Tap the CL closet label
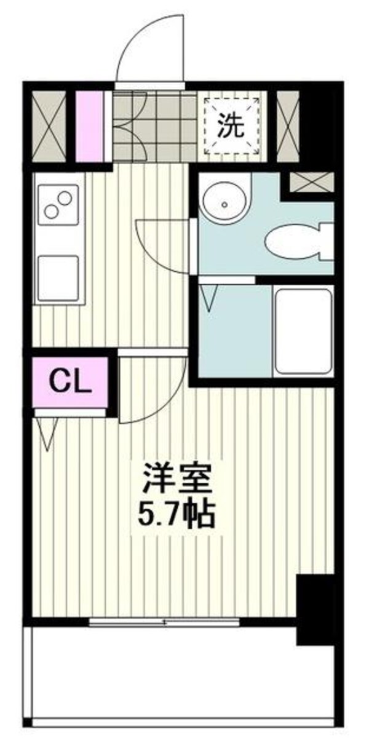click(70, 382)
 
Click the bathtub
click(303, 331)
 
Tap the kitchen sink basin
click(58, 278)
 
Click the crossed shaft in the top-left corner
click(49, 127)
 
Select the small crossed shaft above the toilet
click(311, 182)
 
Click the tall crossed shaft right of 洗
click(288, 127)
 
